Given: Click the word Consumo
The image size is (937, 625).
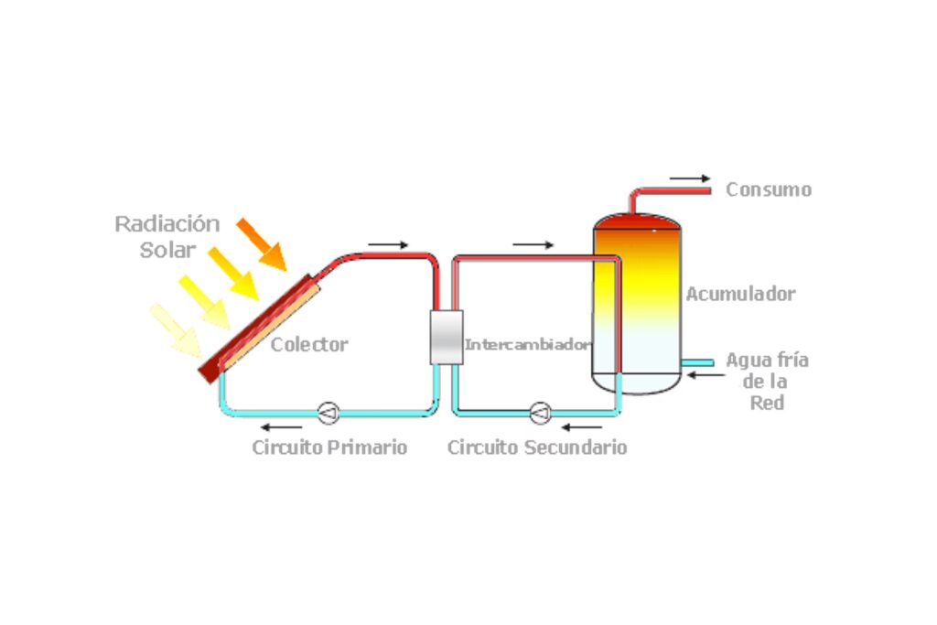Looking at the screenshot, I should coord(768,190).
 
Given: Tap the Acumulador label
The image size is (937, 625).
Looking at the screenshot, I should coord(740,295).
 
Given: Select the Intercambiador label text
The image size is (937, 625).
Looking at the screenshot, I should coord(526,345).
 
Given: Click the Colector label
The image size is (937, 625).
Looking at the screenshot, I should coord(309,345).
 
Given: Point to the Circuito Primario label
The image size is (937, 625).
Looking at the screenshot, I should coord(329,447).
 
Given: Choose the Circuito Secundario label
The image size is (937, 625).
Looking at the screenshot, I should coord(537,447).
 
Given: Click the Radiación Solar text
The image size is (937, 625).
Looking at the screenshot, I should coord(167,236).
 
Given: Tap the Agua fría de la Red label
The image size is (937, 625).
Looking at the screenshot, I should coord(767,381).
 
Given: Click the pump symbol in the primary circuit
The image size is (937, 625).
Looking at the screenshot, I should coord(328,414).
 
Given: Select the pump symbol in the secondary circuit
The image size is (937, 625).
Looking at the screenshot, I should coord(540,414).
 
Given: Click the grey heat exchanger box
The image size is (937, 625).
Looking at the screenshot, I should coord(447,337).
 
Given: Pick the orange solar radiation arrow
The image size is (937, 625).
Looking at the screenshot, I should coord(262,244).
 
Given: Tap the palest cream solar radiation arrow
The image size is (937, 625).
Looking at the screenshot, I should coord(176,330).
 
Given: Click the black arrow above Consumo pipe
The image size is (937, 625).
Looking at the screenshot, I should coord(689,178).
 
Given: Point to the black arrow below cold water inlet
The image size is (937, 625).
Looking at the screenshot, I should coord(704,373).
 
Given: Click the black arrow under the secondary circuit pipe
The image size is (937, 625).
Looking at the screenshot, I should coord(582,426).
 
